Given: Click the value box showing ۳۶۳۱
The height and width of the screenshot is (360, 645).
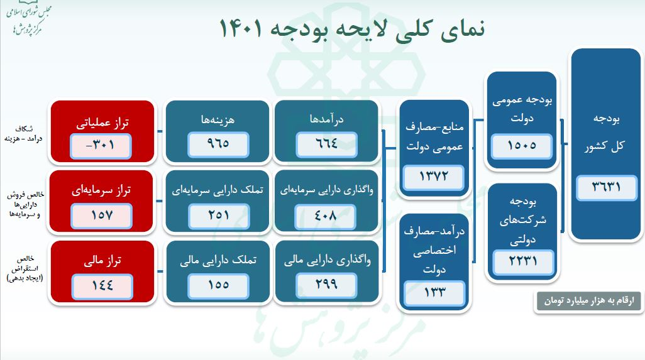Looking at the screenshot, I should pos(605,187).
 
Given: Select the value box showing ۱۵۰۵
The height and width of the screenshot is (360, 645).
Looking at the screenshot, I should pos(522,146).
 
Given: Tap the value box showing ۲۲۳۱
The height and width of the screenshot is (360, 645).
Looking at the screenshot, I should pos(522,259).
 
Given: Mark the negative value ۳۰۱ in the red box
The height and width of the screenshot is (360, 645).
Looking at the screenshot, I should pos(102,145).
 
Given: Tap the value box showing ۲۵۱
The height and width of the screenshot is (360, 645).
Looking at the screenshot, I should pos(218,215).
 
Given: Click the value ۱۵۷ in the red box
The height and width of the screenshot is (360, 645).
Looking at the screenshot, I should pos(102,215).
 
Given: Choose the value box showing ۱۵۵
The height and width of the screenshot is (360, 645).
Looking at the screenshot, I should pos(218,284).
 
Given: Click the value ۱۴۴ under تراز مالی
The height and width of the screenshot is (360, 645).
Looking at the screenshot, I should pos(102,284).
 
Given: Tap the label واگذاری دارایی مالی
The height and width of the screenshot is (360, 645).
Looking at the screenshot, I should pos(327,258).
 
